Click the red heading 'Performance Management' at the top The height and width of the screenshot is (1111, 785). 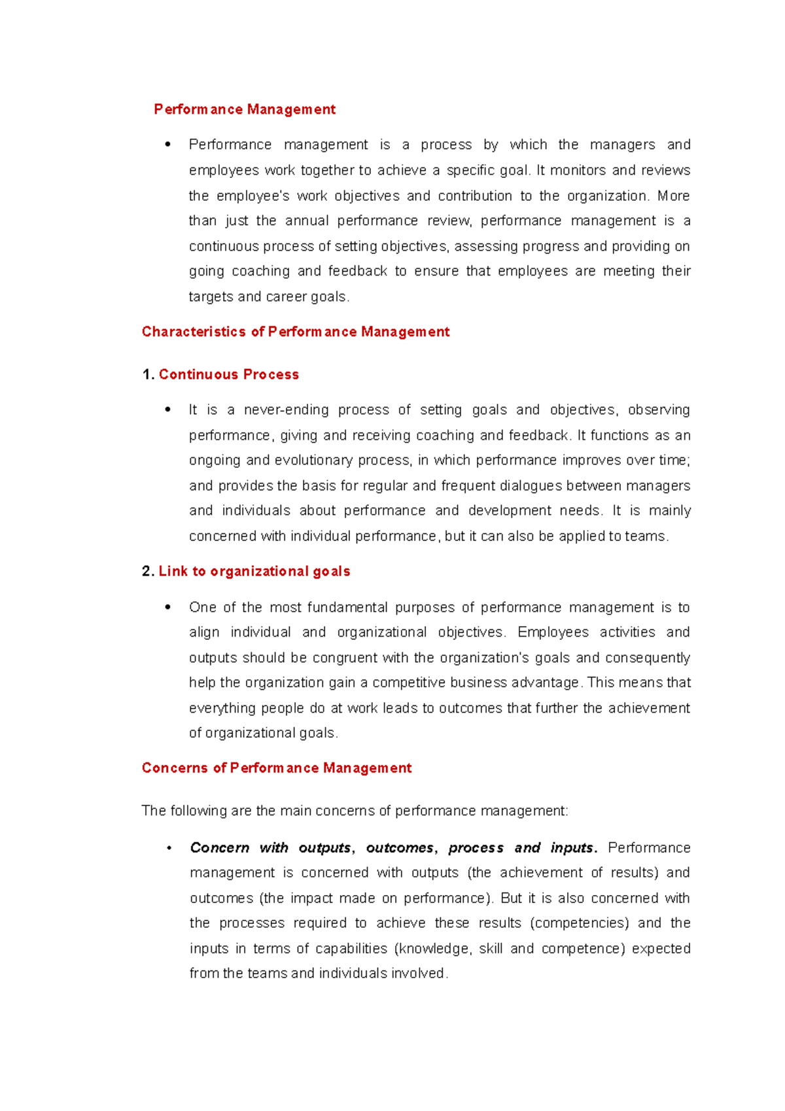245,109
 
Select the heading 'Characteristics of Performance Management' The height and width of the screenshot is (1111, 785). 296,332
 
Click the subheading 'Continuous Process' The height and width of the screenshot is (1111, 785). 229,374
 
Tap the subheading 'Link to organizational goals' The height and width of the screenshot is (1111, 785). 254,571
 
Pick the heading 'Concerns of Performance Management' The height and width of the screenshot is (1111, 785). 277,767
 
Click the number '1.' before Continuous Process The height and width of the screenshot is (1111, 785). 148,374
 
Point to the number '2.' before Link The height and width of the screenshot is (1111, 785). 148,571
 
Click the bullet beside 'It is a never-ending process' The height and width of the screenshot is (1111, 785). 168,410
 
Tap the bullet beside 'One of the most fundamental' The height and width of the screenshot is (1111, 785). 168,607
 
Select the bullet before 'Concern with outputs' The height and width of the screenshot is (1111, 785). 169,848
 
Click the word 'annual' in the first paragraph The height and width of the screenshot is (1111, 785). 307,220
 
